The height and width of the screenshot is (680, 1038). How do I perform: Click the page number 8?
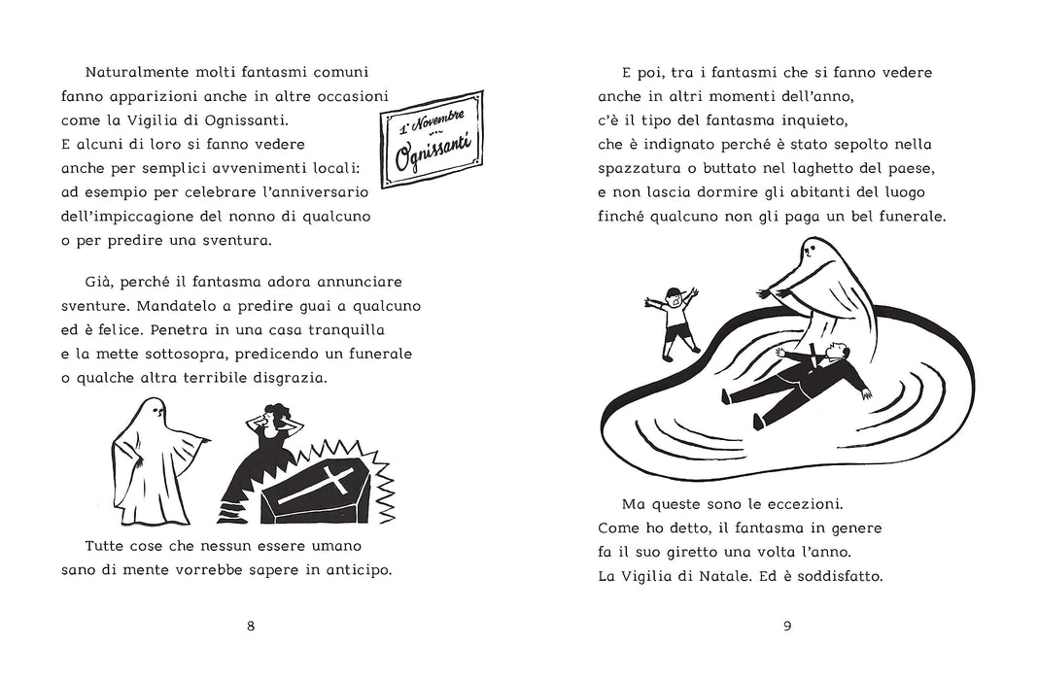[x=250, y=625]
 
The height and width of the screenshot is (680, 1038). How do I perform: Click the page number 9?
[x=787, y=625]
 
